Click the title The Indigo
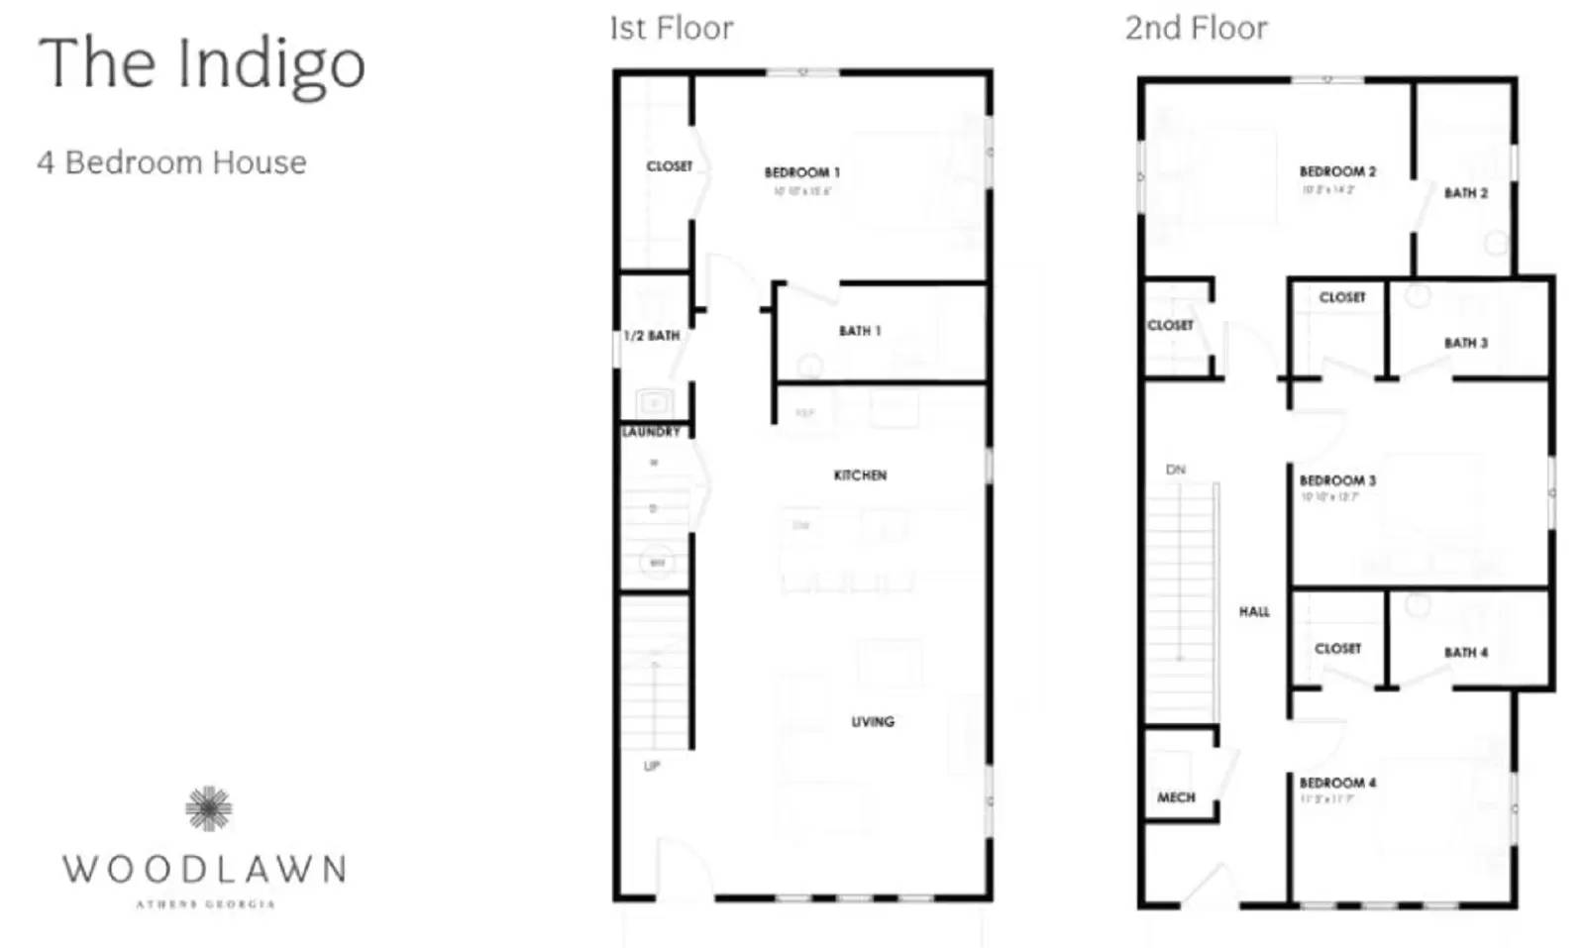202,64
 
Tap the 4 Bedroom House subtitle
171,162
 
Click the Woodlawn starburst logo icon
208,808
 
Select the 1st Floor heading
672,29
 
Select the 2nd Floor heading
1196,29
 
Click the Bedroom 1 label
801,172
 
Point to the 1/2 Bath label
652,336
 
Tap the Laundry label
651,432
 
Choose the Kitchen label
860,475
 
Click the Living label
873,722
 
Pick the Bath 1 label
860,331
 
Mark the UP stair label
652,766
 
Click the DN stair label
1176,470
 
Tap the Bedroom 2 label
1337,171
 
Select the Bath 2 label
1466,193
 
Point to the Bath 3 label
1466,343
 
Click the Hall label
1254,612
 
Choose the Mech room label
1176,797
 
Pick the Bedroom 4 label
1337,783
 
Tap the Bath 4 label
1466,653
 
